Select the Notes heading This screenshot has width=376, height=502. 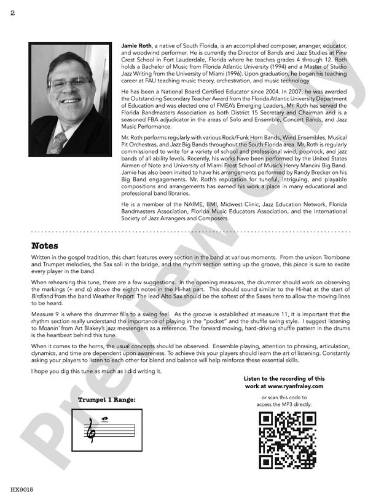[45, 246]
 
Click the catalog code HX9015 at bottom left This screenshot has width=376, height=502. [22, 490]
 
